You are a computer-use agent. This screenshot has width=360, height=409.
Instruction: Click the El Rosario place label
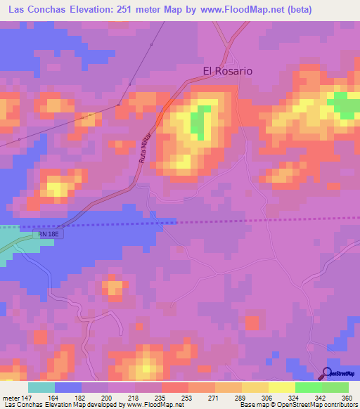[227, 71]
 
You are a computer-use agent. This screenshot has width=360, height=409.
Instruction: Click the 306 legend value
[266, 398]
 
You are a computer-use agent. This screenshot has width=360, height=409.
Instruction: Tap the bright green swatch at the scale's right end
[335, 387]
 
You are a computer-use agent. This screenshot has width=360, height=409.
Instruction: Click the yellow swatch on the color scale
[281, 387]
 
